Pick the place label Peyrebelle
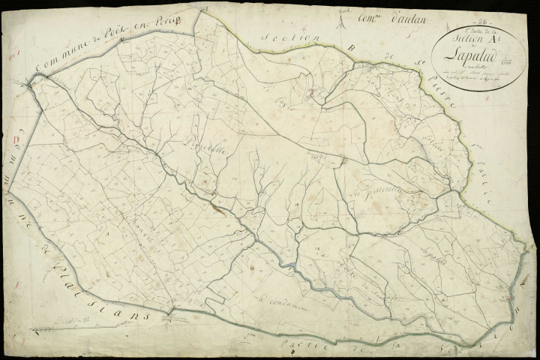click(198, 139)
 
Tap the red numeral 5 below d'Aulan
click(406, 34)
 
